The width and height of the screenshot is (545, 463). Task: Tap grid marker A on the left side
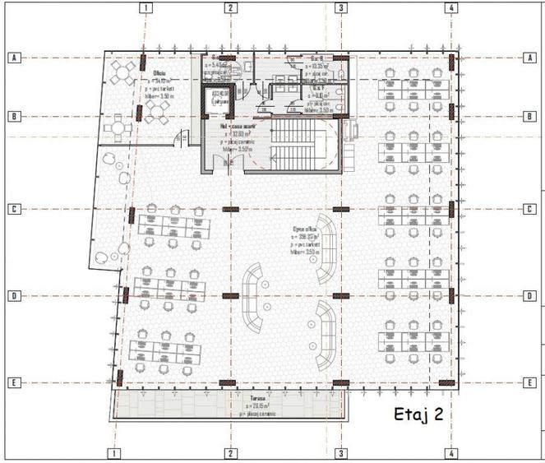pyautogui.click(x=13, y=58)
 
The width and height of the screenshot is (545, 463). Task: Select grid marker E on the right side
pyautogui.click(x=529, y=383)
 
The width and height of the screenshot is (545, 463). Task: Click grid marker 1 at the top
pyautogui.click(x=145, y=8)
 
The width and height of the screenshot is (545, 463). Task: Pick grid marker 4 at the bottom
pyautogui.click(x=451, y=453)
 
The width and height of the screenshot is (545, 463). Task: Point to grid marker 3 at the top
pyautogui.click(x=339, y=8)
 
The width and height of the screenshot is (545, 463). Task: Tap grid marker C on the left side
pyautogui.click(x=13, y=210)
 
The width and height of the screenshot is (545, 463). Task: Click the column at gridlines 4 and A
pyautogui.click(x=450, y=59)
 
